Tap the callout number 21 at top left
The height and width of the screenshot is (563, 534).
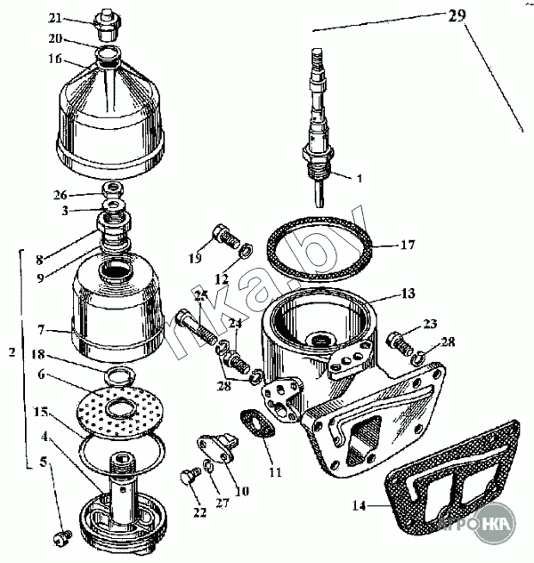click(80, 18)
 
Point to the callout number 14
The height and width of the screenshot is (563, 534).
click(359, 506)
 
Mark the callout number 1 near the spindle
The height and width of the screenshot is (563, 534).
click(360, 179)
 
